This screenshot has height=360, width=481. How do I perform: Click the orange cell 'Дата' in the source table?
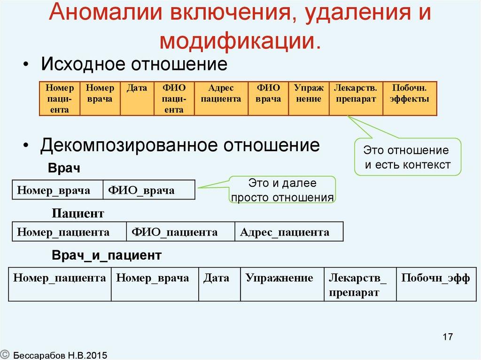[137, 98]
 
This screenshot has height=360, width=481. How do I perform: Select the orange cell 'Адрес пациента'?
[221, 98]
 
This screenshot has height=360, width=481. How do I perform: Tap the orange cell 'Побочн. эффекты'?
[410, 98]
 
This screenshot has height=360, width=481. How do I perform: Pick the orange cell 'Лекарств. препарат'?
[356, 98]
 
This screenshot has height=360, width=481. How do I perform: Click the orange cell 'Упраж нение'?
[309, 98]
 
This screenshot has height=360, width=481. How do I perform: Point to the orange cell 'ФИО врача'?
[268, 98]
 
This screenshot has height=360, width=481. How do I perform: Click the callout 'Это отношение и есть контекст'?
[407, 157]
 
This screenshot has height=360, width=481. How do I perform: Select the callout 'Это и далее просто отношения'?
[282, 190]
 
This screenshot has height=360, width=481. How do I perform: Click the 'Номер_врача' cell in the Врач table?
[57, 190]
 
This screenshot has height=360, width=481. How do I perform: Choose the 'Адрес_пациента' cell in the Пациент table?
[288, 232]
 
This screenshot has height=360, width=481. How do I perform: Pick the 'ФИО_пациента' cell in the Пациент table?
[180, 232]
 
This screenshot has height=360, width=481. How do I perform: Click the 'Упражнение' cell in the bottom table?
[282, 284]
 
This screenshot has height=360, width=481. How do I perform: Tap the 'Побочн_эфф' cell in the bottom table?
[435, 284]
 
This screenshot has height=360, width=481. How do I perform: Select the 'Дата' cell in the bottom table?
[219, 284]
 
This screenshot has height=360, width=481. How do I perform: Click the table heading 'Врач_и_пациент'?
[107, 255]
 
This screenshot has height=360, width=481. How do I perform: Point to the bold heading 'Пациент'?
[78, 214]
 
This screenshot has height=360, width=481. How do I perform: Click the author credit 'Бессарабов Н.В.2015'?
[60, 355]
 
